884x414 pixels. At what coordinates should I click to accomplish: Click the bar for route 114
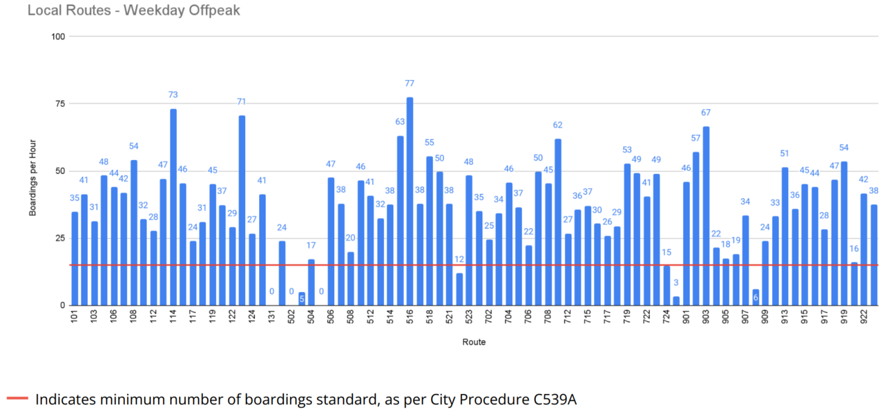(173, 207)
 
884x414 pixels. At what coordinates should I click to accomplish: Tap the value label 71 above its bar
(242, 101)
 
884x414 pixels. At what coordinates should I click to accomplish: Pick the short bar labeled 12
(459, 289)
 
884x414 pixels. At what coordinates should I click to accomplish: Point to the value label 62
(557, 125)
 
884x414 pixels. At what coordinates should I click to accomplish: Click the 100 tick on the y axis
(57, 36)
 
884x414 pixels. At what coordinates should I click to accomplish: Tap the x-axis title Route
(474, 342)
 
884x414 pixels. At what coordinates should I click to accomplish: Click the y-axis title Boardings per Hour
(32, 170)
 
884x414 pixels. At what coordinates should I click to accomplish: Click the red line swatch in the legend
(17, 398)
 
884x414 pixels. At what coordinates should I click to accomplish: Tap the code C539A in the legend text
(550, 399)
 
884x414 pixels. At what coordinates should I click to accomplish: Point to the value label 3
(676, 283)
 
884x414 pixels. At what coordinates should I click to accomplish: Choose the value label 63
(400, 121)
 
